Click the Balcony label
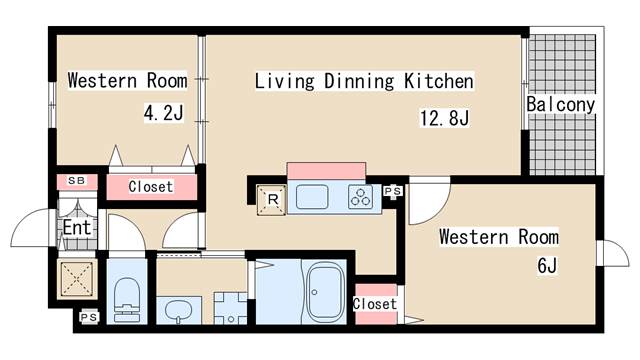point(560,104)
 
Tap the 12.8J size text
point(444,118)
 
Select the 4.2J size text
point(164,113)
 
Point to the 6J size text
point(547,266)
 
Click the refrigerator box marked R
point(272,200)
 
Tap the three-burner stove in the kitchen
point(361,197)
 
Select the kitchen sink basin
point(312,197)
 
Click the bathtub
point(325,291)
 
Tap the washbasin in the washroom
point(179,311)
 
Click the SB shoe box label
point(77,180)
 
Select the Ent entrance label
point(77,227)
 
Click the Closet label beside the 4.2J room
point(151,187)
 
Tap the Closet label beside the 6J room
point(375,304)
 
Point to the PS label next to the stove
point(393,191)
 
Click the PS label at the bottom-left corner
point(89,317)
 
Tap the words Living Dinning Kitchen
point(364,81)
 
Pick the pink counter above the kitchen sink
point(326,171)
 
